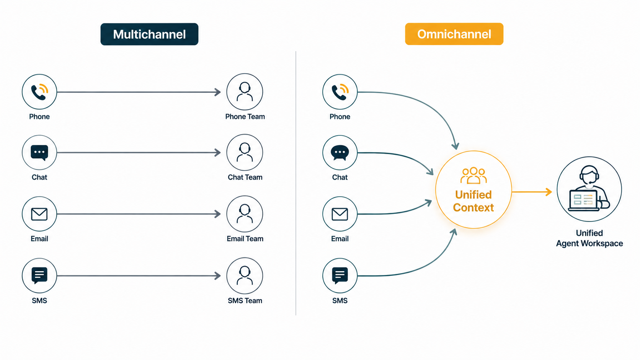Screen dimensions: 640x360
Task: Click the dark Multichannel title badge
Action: coord(149,34)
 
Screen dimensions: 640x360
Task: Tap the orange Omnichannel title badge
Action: coord(454,34)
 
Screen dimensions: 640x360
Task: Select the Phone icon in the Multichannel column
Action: coord(39,92)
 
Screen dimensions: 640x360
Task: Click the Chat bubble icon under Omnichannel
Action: coord(340,153)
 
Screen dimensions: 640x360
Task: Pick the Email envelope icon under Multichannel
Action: coord(39,214)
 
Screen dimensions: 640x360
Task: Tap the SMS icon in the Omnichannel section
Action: coord(340,276)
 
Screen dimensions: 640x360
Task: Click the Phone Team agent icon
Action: coord(245,92)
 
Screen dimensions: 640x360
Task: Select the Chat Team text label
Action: coord(245,177)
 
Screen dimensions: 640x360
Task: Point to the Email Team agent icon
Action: coord(245,214)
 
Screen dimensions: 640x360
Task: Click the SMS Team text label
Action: coord(245,301)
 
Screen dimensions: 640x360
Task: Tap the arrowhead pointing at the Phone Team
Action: coord(218,92)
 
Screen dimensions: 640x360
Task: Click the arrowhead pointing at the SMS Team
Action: coord(218,276)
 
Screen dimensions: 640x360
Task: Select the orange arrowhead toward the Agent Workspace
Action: coord(549,192)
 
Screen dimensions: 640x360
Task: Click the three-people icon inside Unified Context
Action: coord(473,175)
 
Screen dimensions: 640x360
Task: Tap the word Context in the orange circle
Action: coord(473,208)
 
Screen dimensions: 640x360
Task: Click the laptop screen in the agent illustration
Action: coord(583,200)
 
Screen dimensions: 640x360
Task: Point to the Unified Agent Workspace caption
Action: coord(589,238)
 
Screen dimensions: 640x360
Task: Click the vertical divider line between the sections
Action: coord(296,183)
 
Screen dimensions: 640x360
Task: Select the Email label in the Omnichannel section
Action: coord(340,239)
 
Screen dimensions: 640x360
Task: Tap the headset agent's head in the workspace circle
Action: coord(589,175)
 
